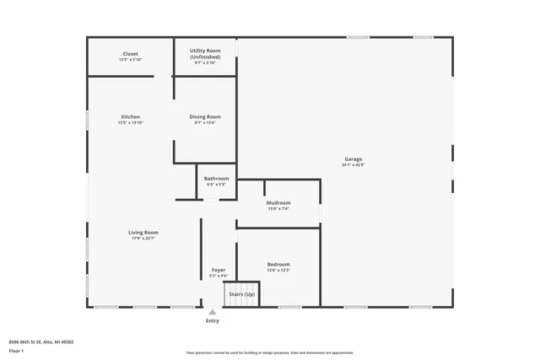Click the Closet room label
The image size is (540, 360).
pos(131,54)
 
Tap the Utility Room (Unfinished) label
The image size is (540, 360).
pos(205,53)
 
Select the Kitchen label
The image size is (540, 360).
pos(131,116)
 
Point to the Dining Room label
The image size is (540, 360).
pos(205,116)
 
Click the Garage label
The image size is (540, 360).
pos(353,159)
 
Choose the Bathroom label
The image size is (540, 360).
pos(216,178)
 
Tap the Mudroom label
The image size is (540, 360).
pos(278,202)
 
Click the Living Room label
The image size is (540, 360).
pos(143,232)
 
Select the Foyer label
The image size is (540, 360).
pos(218,270)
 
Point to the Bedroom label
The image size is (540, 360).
pos(278,264)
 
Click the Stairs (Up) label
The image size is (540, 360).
pos(242,293)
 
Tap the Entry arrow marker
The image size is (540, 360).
pos(213,312)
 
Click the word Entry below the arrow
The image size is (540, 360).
pos(213,321)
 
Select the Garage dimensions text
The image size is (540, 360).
pos(353,165)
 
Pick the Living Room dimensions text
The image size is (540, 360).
pos(143,239)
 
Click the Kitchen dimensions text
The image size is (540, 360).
pos(131,123)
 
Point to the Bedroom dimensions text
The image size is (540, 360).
pos(278,271)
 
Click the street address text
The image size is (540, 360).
pos(40,341)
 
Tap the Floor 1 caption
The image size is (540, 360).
pos(16,351)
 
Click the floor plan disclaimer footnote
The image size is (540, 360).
pos(269,352)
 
